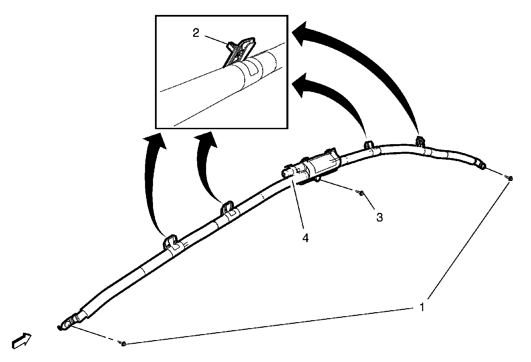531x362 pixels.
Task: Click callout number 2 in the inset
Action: click(196, 33)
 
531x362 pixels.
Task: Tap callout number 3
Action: click(379, 218)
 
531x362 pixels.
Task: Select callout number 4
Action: click(305, 238)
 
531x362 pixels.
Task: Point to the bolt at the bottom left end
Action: click(123, 343)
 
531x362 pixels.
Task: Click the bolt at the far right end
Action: click(510, 178)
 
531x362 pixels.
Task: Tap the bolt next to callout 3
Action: click(361, 192)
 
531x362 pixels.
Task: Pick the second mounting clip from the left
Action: click(228, 208)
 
